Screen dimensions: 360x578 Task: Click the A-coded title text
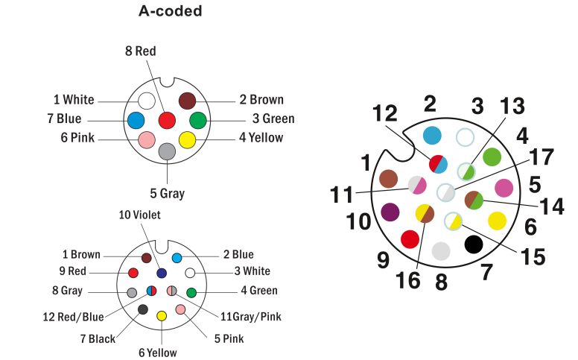point(170,11)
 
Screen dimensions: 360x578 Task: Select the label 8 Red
point(140,51)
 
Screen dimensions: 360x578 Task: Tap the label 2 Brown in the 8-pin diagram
point(261,100)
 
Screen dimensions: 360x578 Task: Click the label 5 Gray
point(167,193)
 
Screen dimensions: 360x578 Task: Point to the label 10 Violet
point(139,215)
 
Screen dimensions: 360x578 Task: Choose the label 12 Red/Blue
point(74,317)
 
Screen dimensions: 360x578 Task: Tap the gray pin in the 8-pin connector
point(168,151)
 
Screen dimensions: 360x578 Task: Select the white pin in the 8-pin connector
point(147,101)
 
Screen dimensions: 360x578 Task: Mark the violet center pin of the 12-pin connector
point(162,273)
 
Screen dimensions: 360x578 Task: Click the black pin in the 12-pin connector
point(143,309)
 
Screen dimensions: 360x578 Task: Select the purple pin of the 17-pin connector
point(389,212)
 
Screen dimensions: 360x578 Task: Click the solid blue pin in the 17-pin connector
point(431,135)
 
